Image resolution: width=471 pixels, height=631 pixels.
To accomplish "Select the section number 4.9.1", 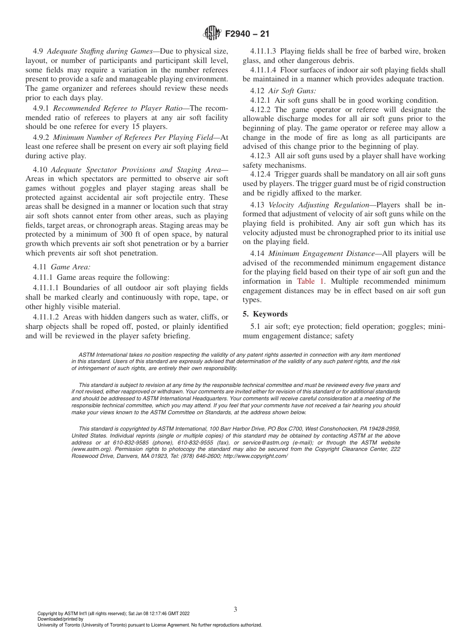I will (41, 109).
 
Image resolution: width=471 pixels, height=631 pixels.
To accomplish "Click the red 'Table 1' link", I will (311, 281).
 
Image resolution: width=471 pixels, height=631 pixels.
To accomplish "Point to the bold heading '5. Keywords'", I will (265, 314).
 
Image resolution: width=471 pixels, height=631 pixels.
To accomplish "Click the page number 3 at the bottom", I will (235, 609).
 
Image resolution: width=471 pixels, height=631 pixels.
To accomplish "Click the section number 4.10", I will (40, 169).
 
